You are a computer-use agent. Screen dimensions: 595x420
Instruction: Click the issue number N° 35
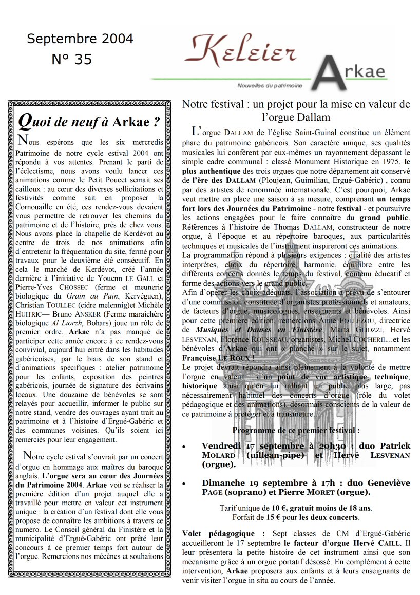click(72, 60)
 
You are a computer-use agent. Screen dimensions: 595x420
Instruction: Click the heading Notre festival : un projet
click(296, 104)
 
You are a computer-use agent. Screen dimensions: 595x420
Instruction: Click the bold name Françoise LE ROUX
click(224, 357)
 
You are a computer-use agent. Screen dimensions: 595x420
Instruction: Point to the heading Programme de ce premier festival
click(296, 430)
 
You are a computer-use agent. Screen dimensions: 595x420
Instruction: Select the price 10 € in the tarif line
click(278, 508)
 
